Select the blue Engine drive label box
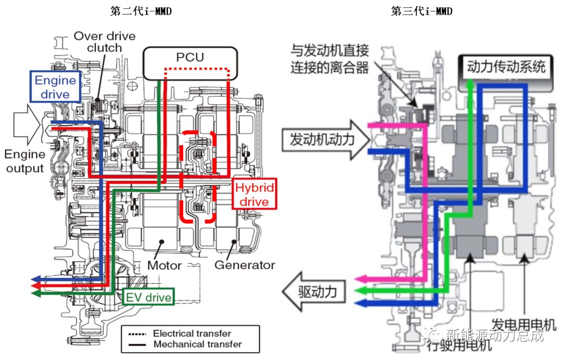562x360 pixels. tap(55, 87)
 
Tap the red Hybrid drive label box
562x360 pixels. tap(254, 195)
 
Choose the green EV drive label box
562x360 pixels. tap(148, 298)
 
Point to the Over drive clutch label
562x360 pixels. tap(104, 42)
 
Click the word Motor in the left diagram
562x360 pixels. tap(164, 265)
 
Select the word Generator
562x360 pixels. tap(245, 265)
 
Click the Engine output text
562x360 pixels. tap(24, 161)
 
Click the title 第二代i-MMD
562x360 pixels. tap(140, 11)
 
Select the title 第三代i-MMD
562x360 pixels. tap(421, 11)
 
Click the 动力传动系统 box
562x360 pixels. tap(506, 67)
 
